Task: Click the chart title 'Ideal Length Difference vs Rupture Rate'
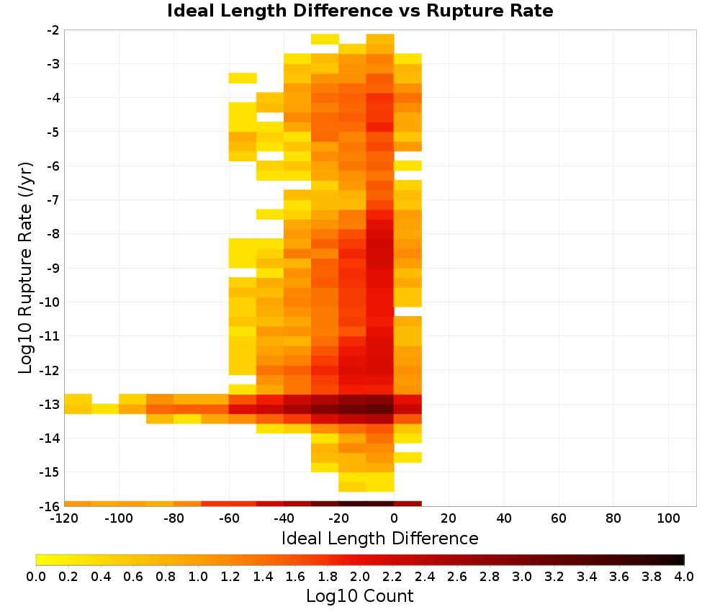tap(360, 11)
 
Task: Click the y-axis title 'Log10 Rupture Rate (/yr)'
tap(26, 268)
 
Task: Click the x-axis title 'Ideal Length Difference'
tap(379, 538)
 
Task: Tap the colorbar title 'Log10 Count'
tap(359, 596)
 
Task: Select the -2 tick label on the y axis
tap(53, 30)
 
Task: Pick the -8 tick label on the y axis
tap(53, 234)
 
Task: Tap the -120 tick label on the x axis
tap(64, 519)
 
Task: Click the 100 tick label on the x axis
tap(669, 519)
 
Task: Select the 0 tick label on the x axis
tap(394, 519)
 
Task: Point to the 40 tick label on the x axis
tap(504, 519)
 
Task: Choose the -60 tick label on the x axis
tap(229, 519)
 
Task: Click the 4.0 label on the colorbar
tap(684, 577)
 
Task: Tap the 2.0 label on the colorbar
tap(360, 577)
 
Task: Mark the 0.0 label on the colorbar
tap(36, 577)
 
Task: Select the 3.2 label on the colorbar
tap(554, 577)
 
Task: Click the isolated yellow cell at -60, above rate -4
tap(243, 78)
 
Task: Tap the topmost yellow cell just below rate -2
tap(325, 39)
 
